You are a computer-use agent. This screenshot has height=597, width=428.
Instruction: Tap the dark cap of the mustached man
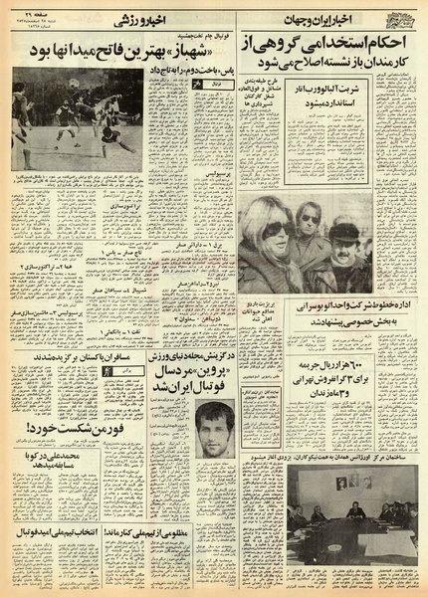[344, 230]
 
